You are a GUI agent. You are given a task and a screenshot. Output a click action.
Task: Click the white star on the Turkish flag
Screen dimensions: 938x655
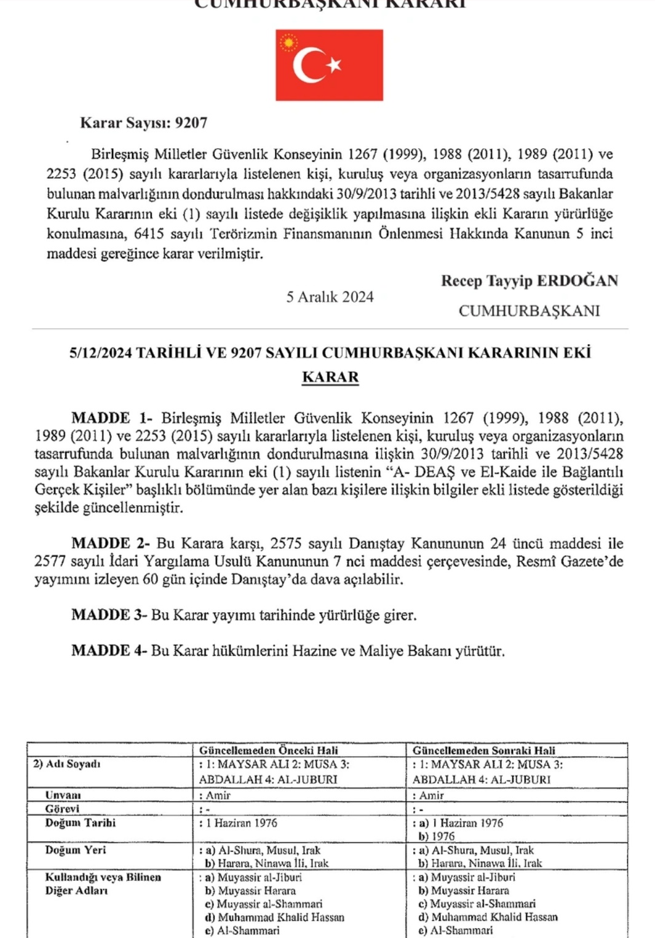click(334, 65)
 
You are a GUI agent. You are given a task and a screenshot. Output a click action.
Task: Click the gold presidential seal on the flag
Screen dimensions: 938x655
click(288, 43)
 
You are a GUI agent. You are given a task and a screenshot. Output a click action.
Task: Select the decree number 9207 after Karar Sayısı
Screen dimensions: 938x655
click(191, 123)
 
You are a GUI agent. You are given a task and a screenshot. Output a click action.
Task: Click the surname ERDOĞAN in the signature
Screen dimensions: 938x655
click(577, 281)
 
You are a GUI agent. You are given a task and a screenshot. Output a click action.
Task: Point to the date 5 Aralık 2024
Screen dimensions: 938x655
click(330, 297)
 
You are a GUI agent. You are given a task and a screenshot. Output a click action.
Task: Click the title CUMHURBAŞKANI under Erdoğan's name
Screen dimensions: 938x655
click(529, 311)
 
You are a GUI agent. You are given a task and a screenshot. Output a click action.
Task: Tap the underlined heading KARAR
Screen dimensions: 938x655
click(330, 377)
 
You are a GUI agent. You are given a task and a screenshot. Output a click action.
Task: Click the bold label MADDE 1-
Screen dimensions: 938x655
click(111, 418)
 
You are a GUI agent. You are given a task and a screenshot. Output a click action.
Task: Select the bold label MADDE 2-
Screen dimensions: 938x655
click(110, 543)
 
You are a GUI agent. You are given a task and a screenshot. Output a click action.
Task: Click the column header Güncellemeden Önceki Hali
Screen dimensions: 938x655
click(268, 750)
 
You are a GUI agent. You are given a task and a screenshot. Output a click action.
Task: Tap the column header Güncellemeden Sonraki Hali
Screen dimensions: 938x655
click(483, 750)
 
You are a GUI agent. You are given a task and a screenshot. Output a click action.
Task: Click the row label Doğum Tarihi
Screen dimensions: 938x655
click(80, 822)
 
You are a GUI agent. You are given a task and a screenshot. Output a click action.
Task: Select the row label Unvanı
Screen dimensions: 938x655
click(63, 795)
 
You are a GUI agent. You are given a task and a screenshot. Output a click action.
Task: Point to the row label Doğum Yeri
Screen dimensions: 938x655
click(75, 849)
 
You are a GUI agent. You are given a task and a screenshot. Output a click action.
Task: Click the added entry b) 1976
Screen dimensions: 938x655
click(437, 836)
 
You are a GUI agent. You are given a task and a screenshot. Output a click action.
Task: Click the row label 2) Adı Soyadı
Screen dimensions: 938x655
click(67, 764)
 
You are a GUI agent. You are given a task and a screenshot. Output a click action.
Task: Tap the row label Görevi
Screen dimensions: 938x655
click(62, 809)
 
